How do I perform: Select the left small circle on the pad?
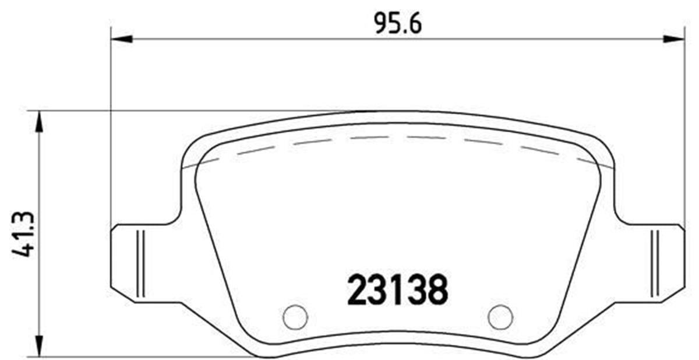pyautogui.click(x=295, y=316)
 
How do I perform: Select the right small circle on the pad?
pyautogui.click(x=500, y=316)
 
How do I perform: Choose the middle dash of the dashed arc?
pyautogui.click(x=370, y=138)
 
